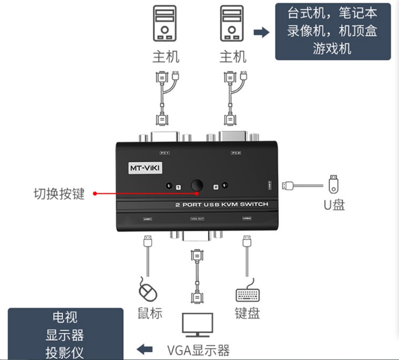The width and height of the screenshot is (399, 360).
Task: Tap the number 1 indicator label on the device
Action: pos(179,187)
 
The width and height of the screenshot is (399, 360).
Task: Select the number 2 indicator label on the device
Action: pos(216,187)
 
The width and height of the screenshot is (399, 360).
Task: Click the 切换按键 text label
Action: pos(59,194)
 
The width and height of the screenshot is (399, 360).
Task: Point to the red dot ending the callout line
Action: pos(95,194)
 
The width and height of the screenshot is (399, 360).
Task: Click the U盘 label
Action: pos(334,205)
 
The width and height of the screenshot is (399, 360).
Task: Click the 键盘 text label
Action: pos(247,313)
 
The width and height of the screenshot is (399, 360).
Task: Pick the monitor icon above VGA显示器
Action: pos(197,325)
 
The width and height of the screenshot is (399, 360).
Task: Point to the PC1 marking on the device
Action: pos(165,152)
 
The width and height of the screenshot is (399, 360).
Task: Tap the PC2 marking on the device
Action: pos(236,152)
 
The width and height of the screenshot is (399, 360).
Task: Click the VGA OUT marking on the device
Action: pos(197,219)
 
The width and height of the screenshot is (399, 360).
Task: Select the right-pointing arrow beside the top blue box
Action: pos(261,32)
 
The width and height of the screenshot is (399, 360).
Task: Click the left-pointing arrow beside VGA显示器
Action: pos(145,350)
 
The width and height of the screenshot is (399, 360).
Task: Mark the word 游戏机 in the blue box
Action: pos(332,48)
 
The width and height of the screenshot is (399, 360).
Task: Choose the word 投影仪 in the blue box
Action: pos(65,352)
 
